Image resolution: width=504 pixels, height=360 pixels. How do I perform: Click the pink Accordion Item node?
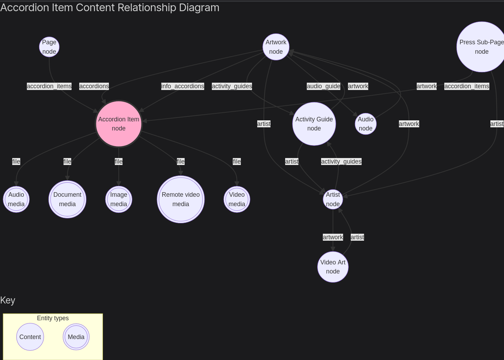(119, 124)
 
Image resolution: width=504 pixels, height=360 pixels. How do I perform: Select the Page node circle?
(49, 47)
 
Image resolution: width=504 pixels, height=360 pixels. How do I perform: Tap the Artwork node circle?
(276, 47)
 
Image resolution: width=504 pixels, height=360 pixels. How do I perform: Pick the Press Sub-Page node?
(481, 47)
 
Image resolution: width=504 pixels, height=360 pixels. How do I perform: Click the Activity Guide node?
(314, 124)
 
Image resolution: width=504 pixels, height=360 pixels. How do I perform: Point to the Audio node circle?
(365, 124)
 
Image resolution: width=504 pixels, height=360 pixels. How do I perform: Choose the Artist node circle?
(333, 199)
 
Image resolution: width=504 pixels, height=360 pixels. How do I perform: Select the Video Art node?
(333, 267)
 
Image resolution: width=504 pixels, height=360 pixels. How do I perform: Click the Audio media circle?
(16, 199)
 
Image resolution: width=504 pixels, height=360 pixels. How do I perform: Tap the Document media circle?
(67, 199)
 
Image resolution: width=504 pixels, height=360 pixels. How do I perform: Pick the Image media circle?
(119, 199)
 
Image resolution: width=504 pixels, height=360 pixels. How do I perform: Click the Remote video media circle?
(181, 199)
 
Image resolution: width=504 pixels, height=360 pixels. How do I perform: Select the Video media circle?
(237, 199)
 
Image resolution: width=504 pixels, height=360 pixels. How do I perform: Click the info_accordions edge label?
(183, 86)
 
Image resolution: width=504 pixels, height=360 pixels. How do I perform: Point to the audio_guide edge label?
(324, 86)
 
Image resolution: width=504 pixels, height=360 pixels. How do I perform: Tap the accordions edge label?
(94, 86)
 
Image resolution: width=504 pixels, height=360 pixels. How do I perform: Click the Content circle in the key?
(30, 337)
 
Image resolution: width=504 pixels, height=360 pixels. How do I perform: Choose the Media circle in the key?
(76, 337)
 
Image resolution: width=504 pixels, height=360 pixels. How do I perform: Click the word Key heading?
(8, 300)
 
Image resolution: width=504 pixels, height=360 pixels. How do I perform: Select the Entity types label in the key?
(53, 318)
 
